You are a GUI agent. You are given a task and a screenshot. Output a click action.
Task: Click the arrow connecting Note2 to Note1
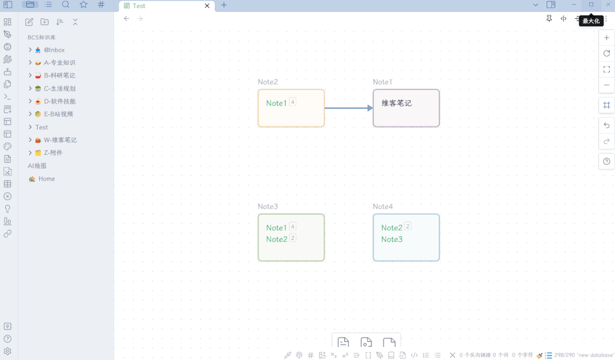click(x=348, y=108)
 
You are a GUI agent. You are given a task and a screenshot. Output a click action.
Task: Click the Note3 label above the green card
click(x=268, y=207)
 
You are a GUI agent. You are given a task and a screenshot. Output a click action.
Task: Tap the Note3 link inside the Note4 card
click(x=392, y=239)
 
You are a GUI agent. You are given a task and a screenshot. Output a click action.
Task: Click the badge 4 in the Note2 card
click(x=292, y=102)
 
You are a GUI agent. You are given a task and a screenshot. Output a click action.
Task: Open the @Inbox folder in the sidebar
click(x=54, y=50)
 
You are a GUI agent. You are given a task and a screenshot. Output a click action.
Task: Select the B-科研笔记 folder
click(x=59, y=75)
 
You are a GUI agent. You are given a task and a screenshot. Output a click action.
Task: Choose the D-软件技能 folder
click(x=60, y=101)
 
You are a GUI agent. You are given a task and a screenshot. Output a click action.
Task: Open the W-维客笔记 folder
click(x=60, y=140)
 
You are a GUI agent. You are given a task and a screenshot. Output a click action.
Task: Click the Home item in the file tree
click(x=47, y=179)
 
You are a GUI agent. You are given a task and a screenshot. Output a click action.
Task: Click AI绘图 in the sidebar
click(x=37, y=166)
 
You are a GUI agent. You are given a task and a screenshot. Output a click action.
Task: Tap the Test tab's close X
click(x=207, y=6)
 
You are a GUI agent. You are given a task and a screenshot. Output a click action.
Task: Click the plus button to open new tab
click(x=224, y=5)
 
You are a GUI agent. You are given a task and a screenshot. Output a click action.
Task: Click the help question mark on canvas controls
click(x=606, y=162)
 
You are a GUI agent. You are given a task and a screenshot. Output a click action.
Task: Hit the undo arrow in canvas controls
click(x=606, y=125)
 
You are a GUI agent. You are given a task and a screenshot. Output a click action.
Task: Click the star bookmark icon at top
click(x=84, y=5)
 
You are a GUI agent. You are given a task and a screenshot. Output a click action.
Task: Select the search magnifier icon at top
click(x=66, y=5)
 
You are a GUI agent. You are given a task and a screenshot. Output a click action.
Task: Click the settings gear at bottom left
click(x=7, y=351)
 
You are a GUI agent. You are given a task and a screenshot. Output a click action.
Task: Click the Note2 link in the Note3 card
click(x=277, y=239)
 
